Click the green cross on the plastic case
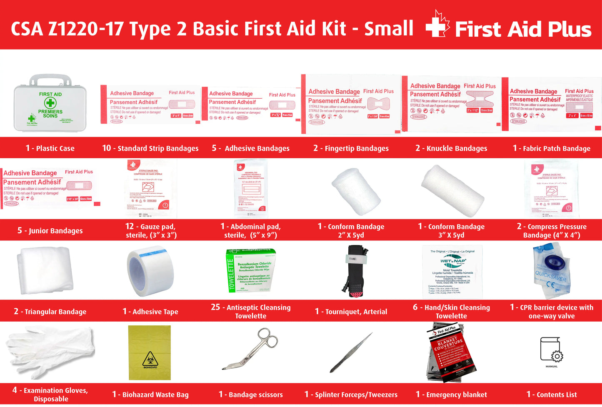[x=50, y=103]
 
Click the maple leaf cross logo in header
[x=437, y=25]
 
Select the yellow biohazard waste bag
[x=150, y=352]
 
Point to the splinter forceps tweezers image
[x=351, y=352]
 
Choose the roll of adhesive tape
[x=150, y=271]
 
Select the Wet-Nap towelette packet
[x=452, y=272]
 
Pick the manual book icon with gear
[x=551, y=350]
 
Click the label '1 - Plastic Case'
[x=50, y=148]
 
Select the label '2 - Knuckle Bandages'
[x=451, y=148]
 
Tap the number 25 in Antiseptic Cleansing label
[x=215, y=307]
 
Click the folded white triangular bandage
[x=45, y=271]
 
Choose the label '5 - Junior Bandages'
[x=50, y=231]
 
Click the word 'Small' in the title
[x=389, y=28]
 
